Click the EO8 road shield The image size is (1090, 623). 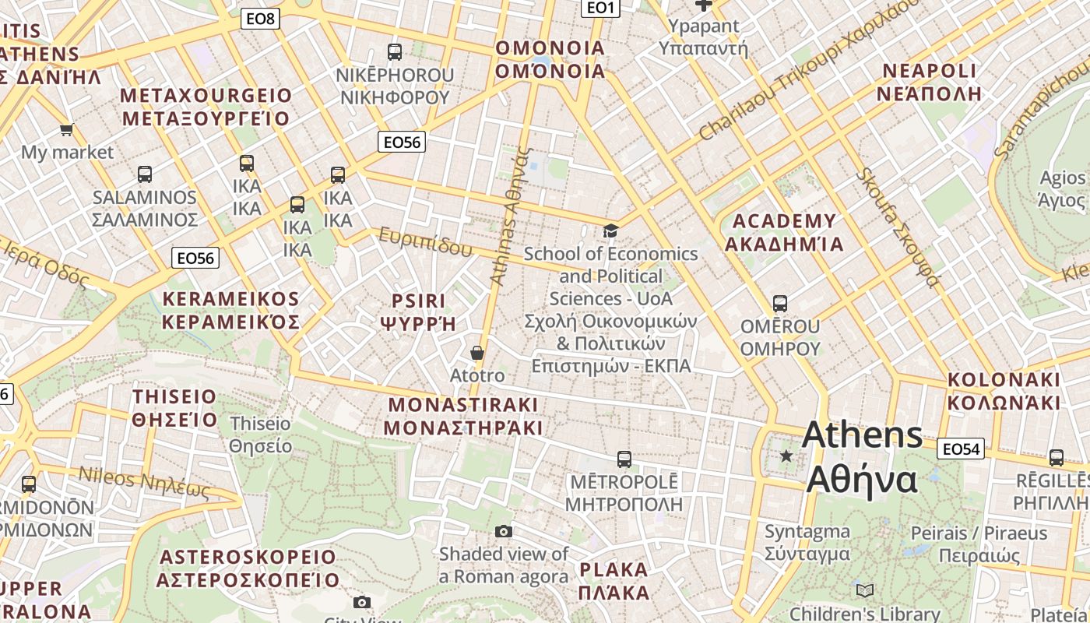click(260, 19)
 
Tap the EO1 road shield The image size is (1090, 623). click(600, 8)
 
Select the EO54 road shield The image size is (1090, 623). click(961, 449)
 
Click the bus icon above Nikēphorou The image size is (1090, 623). click(395, 52)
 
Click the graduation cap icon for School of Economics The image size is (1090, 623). click(611, 231)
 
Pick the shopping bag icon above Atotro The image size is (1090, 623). click(477, 353)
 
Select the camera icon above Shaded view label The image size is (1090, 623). click(504, 531)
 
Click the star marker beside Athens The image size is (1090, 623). click(786, 456)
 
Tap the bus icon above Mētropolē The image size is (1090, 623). click(624, 459)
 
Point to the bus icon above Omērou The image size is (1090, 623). click(780, 304)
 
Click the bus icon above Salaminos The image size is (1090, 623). click(145, 174)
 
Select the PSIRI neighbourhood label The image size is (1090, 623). click(419, 301)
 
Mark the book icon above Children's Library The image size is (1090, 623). click(865, 590)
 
